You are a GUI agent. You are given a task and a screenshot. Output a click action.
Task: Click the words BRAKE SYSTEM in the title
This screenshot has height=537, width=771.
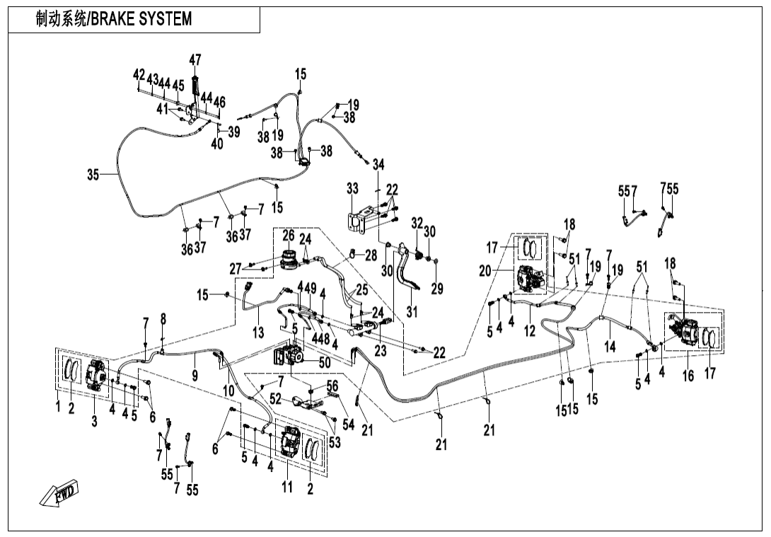tap(149, 19)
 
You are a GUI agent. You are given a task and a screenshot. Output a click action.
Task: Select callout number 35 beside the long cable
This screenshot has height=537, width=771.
tap(93, 175)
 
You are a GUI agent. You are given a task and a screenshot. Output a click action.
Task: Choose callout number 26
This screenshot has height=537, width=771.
tap(289, 234)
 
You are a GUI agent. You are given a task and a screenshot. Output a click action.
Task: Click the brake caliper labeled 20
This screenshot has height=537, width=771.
tap(528, 279)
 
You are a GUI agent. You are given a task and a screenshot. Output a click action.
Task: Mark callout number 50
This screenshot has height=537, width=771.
tap(325, 362)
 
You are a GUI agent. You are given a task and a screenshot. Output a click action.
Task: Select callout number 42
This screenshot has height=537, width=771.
tap(139, 75)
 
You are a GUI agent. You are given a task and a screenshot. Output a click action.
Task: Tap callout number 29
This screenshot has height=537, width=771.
tap(436, 289)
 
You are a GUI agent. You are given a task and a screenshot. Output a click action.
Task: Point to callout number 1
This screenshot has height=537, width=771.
tap(59, 408)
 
